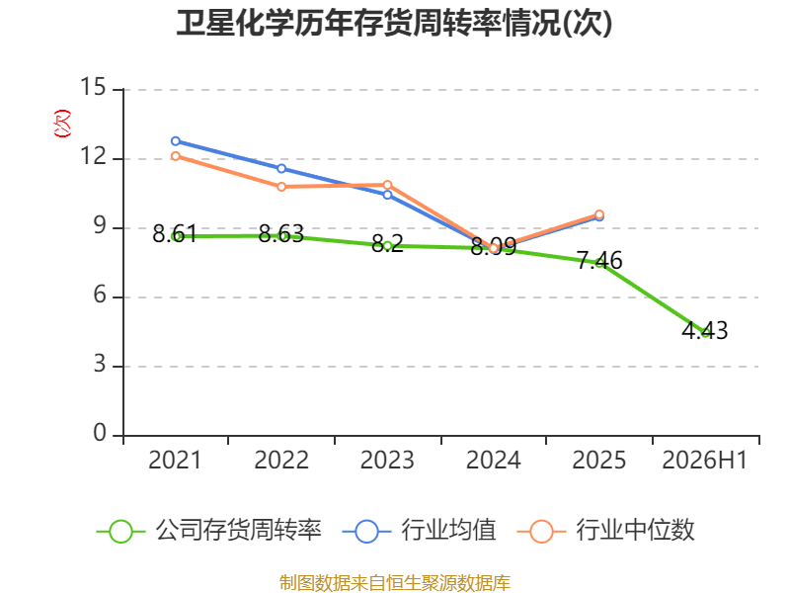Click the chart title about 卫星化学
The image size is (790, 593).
pyautogui.click(x=394, y=23)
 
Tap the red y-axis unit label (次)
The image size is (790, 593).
pyautogui.click(x=62, y=124)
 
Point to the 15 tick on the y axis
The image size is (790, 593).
pyautogui.click(x=94, y=87)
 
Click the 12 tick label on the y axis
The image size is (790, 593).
pyautogui.click(x=94, y=157)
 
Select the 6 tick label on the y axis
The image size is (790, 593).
pyautogui.click(x=100, y=295)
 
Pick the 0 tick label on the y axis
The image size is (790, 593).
pyautogui.click(x=100, y=433)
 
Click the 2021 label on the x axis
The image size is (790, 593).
pyautogui.click(x=175, y=461)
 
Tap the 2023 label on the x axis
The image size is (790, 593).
pyautogui.click(x=387, y=461)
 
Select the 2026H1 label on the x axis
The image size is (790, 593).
pyautogui.click(x=704, y=461)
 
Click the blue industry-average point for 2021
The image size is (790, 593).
pyautogui.click(x=176, y=141)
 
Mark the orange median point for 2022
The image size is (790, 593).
pyautogui.click(x=281, y=187)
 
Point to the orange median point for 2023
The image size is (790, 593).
pyautogui.click(x=387, y=185)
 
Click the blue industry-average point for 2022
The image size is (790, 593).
pyautogui.click(x=281, y=168)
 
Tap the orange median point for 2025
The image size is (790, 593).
pyautogui.click(x=599, y=214)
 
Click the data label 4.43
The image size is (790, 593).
pyautogui.click(x=705, y=331)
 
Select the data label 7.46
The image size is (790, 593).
pyautogui.click(x=599, y=261)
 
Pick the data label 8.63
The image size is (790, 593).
pyautogui.click(x=281, y=234)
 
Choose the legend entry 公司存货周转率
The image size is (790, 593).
pyautogui.click(x=209, y=531)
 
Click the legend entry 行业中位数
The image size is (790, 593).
pyautogui.click(x=606, y=531)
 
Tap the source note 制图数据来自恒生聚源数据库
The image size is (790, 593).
pyautogui.click(x=395, y=583)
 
